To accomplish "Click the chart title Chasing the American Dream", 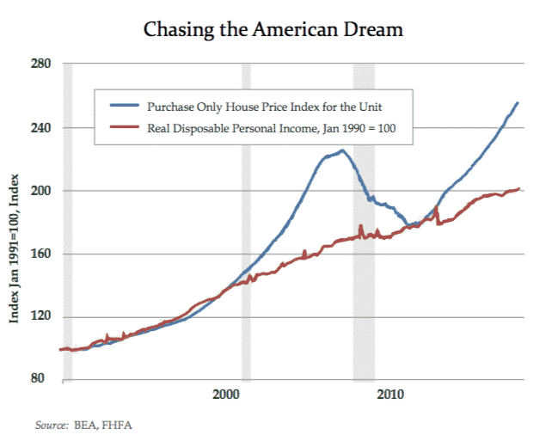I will pyautogui.click(x=273, y=29).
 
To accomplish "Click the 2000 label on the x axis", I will pyautogui.click(x=226, y=394).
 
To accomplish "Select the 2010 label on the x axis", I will pyautogui.click(x=390, y=394).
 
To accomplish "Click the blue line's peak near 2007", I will pyautogui.click(x=341, y=151).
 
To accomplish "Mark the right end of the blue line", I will pyautogui.click(x=518, y=103).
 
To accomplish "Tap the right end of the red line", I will pyautogui.click(x=519, y=189).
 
